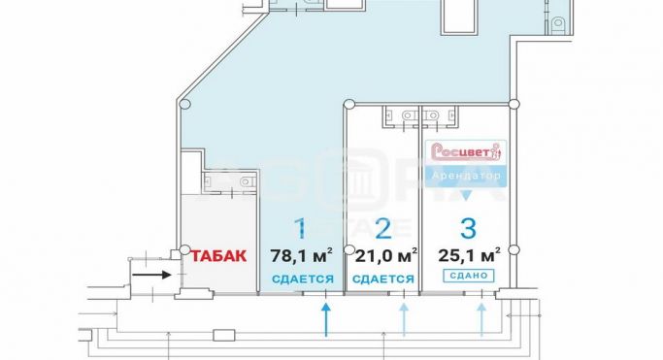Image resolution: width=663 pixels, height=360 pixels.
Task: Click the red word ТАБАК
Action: pyautogui.click(x=218, y=256)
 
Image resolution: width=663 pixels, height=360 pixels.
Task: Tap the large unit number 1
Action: pyautogui.click(x=302, y=229)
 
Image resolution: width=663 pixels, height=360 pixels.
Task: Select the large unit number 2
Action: pyautogui.click(x=383, y=229)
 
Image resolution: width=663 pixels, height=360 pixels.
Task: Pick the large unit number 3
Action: pyautogui.click(x=468, y=229)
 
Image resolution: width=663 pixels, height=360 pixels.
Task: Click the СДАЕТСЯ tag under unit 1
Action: pyautogui.click(x=303, y=278)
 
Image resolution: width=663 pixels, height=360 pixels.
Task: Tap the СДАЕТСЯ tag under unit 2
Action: pyautogui.click(x=383, y=278)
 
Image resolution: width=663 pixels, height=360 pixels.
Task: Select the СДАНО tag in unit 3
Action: pyautogui.click(x=468, y=277)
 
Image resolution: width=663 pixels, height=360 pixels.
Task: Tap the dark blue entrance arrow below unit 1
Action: pyautogui.click(x=326, y=318)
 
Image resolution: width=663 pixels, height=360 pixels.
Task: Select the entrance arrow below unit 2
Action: pyautogui.click(x=403, y=318)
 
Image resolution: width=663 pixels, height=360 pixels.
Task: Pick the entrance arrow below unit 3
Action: pyautogui.click(x=482, y=318)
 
